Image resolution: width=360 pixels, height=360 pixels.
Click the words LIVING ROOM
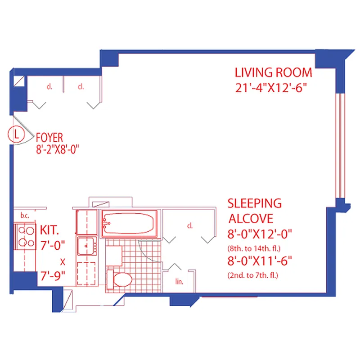coord(274,72)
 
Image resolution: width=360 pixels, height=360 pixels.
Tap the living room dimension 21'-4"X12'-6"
coord(274,88)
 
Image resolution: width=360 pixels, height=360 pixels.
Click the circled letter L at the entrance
coord(17,134)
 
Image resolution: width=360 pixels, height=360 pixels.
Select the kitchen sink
coord(86,246)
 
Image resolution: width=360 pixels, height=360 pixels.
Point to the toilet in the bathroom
coord(119,278)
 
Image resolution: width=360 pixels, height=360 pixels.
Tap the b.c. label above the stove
coord(25,216)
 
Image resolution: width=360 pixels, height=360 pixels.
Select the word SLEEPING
coord(255,203)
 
